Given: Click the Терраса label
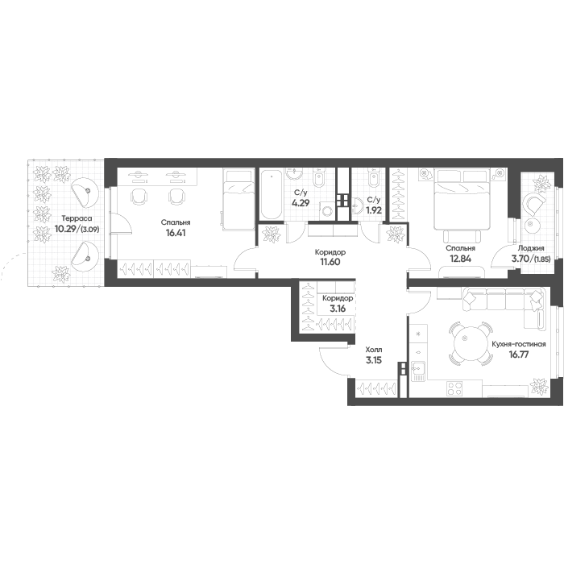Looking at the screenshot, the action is point(77,218).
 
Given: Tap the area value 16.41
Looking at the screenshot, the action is point(176,233).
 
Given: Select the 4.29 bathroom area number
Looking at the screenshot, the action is point(301,203).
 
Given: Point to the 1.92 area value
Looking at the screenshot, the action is point(373,210).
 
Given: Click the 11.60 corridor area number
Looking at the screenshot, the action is point(330,262).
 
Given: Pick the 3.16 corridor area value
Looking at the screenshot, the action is point(338,309).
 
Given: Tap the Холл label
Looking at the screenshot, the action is point(374,350).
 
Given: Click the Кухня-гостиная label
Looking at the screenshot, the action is point(519,344).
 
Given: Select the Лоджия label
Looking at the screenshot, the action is point(530,248).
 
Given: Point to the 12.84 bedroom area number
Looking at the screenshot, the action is point(460,258).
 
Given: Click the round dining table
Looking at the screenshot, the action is point(470,342).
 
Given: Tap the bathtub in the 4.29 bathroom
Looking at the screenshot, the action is point(272,195).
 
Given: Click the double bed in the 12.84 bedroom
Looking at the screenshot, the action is point(462,199).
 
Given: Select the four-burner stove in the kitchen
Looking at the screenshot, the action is point(454,389).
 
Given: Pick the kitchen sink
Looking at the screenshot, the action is point(418,371).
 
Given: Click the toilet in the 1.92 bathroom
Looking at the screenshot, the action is point(374,179).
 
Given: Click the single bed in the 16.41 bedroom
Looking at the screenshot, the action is point(238,200).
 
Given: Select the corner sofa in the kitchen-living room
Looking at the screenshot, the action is point(504,305).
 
